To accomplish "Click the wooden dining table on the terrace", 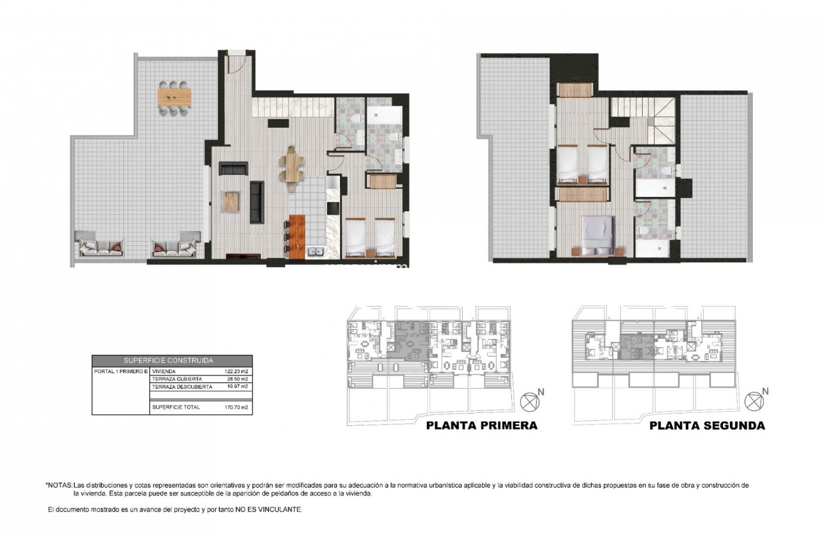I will tap(175, 97).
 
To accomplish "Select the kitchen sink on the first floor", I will tap(314, 252).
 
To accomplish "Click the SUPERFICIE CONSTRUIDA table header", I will tap(172, 360).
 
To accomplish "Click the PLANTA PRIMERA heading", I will tap(481, 426).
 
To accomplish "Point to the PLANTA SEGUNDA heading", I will tap(707, 426).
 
